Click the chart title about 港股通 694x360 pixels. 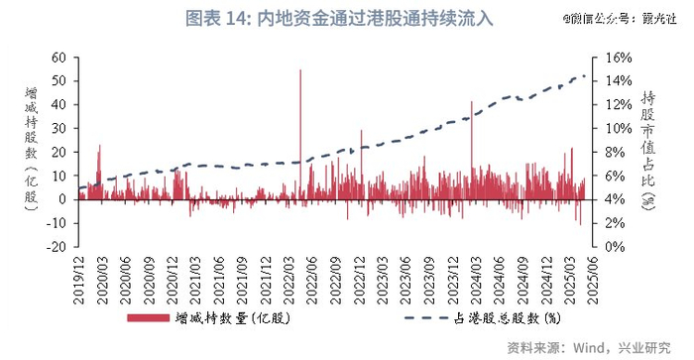pyautogui.click(x=326, y=18)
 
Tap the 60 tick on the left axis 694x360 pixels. pyautogui.click(x=58, y=58)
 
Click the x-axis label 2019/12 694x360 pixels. pyautogui.click(x=79, y=277)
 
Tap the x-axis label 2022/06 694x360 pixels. pyautogui.click(x=313, y=277)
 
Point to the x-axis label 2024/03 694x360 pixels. pyautogui.click(x=477, y=277)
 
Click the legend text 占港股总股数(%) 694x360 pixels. pyautogui.click(x=506, y=317)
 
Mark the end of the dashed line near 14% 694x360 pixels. pyautogui.click(x=585, y=76)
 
